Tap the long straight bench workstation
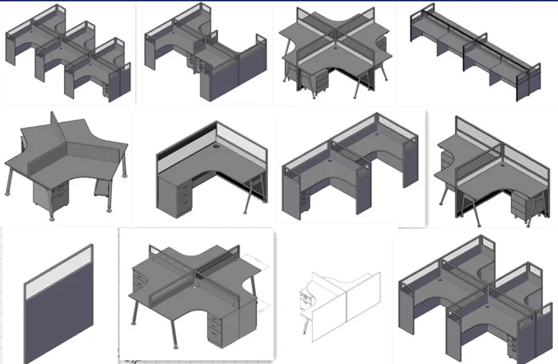coord(475,55)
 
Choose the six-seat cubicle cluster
coord(69,55)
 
